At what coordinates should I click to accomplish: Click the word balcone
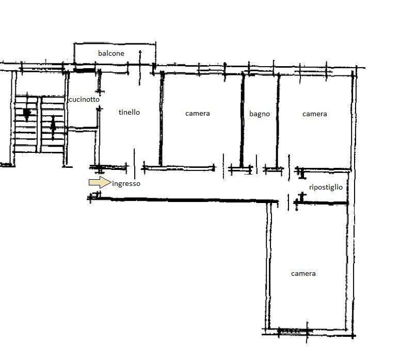(111, 53)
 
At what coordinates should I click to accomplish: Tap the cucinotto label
(84, 100)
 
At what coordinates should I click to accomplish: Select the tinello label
(129, 112)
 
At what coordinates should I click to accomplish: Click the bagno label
(260, 114)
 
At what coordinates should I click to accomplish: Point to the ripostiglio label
(326, 187)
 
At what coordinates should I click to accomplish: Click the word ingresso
(126, 184)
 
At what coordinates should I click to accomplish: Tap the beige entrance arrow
(100, 182)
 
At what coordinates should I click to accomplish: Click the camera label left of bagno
(198, 114)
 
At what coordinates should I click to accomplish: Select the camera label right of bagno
(315, 114)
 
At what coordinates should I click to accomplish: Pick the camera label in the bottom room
(303, 274)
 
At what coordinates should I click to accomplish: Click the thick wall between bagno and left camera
(242, 120)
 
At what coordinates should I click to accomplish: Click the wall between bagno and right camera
(278, 121)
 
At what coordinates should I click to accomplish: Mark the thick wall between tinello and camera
(161, 119)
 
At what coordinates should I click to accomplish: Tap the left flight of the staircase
(26, 124)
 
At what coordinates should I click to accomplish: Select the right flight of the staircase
(53, 124)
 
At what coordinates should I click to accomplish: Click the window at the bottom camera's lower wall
(295, 331)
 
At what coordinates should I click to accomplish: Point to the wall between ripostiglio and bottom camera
(321, 203)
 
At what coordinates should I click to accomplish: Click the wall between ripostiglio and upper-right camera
(324, 169)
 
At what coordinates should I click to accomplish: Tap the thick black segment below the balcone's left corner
(84, 70)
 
